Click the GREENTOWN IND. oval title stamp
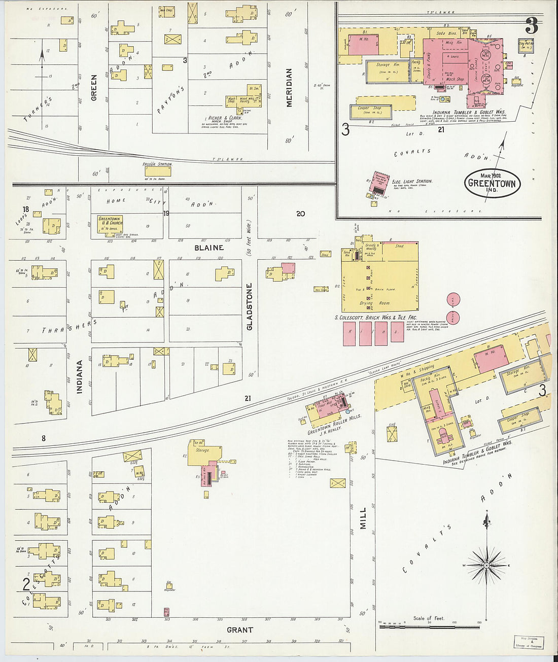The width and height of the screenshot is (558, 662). point(492,183)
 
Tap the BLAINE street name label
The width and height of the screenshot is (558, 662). point(208,248)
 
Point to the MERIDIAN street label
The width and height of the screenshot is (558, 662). point(289,88)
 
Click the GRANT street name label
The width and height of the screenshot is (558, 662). point(239,630)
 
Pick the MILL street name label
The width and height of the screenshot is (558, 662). point(363,518)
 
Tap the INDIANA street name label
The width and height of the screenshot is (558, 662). point(80,377)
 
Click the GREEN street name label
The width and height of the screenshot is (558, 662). point(94,87)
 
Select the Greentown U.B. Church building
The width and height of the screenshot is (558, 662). point(110,224)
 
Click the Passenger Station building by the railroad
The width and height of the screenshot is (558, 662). point(158,170)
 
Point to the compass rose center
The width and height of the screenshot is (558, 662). point(486,565)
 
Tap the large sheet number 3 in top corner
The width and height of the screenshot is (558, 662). point(531,25)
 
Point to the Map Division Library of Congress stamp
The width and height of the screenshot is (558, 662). point(529,642)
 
